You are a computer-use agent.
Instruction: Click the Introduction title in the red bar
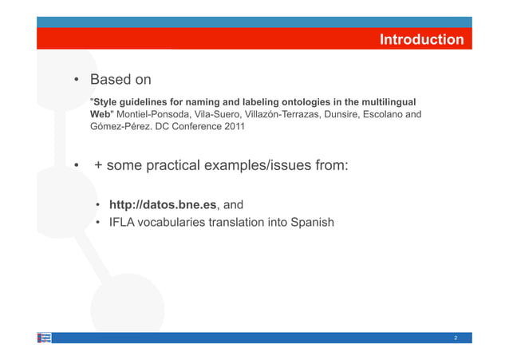421,39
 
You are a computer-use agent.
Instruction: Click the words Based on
120,81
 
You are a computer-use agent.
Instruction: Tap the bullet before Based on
77,81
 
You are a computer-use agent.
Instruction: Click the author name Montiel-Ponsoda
154,115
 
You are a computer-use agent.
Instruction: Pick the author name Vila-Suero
218,115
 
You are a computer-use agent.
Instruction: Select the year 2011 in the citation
231,128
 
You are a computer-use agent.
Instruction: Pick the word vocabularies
174,222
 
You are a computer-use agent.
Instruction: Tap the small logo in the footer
45,338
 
